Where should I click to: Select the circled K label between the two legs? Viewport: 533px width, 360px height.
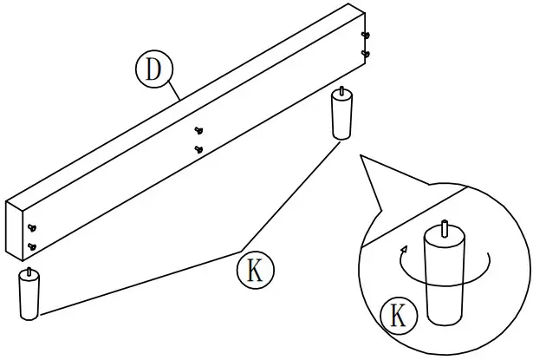click(x=255, y=270)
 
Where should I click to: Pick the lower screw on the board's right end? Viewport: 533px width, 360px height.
click(x=366, y=53)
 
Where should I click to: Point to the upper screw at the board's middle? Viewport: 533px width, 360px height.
click(x=199, y=131)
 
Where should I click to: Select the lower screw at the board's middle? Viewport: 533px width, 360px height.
click(x=198, y=149)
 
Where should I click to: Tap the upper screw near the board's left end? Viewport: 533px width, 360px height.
click(x=32, y=228)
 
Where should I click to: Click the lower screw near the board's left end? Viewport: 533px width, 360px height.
click(x=31, y=246)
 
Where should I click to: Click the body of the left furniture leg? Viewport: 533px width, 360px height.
click(x=29, y=298)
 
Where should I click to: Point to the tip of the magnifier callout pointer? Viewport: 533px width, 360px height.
click(x=360, y=157)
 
